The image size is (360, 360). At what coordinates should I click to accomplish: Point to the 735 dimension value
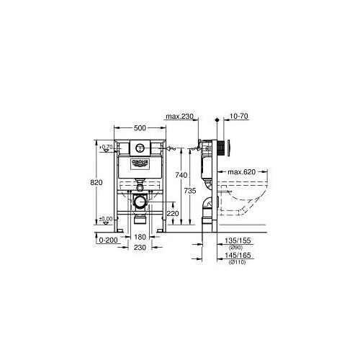coord(190,191)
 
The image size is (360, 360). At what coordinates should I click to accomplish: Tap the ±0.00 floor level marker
coord(106,218)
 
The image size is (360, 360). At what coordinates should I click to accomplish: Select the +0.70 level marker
coord(106,147)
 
